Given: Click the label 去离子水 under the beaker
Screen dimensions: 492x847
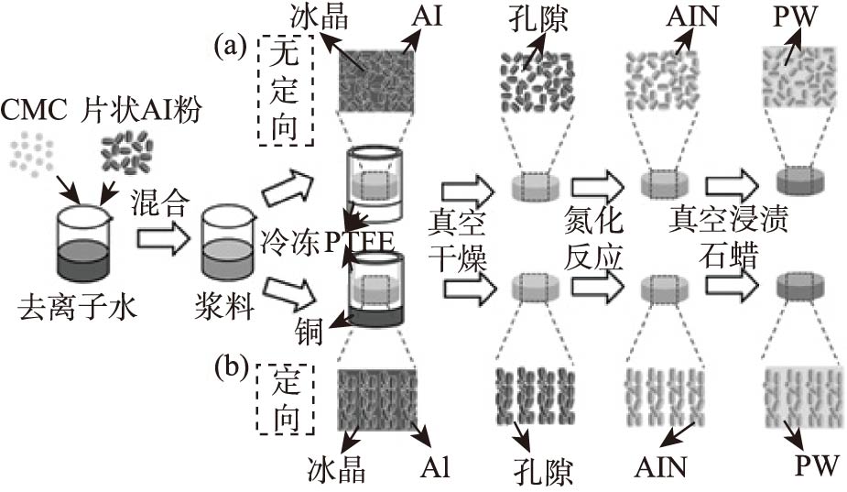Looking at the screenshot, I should pos(77,308).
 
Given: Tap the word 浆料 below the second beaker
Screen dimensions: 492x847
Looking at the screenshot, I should pos(225,308).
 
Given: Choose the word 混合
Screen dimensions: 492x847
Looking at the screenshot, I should pos(163,199).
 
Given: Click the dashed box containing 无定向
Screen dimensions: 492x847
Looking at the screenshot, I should pos(286,91).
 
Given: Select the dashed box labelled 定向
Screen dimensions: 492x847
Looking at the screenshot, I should pos(286,398).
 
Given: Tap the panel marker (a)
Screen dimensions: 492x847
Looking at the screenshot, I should pos(230,44).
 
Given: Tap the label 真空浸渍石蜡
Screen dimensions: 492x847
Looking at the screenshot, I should pos(728,235).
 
